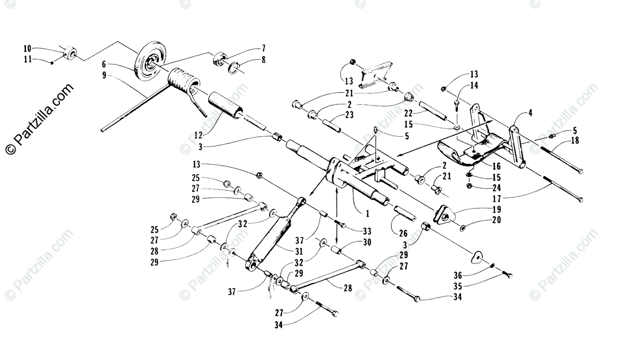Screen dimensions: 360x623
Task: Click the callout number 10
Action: pyautogui.click(x=28, y=48)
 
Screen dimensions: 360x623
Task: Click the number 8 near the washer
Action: pyautogui.click(x=263, y=60)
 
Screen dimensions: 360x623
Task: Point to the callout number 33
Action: pyautogui.click(x=368, y=231)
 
